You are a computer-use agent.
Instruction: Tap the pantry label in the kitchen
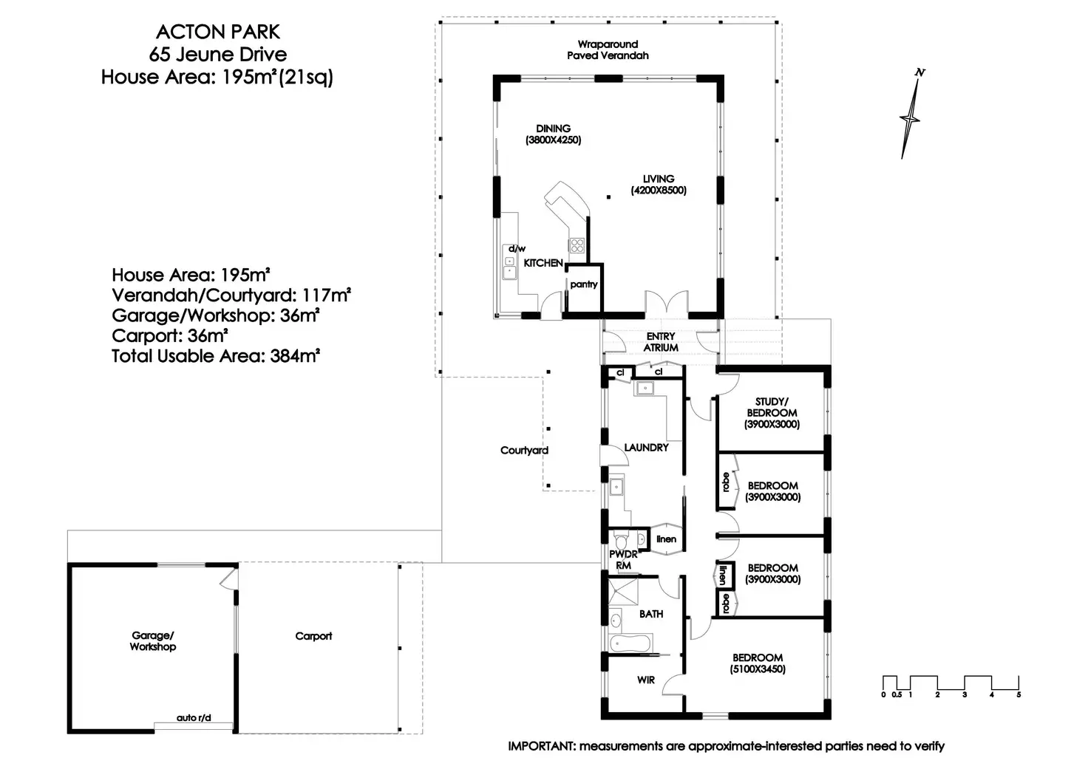583,284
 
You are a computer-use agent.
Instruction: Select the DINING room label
553,129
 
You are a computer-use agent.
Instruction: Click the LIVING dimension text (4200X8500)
659,191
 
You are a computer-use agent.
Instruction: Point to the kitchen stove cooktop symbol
577,246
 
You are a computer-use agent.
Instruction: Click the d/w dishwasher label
517,248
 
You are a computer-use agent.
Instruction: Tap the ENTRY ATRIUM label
661,342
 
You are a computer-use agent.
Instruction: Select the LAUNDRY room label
646,448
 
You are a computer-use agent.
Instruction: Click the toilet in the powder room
621,540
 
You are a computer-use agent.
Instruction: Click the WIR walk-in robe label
645,680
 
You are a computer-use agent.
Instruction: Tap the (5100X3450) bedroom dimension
757,669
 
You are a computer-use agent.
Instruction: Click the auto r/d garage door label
194,717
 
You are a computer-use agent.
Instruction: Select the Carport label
313,636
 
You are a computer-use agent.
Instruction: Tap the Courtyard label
524,451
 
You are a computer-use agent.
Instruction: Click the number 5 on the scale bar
1019,694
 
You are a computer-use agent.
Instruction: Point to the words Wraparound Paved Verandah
608,50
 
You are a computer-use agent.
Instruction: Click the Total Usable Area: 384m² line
216,356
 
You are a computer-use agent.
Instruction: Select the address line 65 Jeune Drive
217,55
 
